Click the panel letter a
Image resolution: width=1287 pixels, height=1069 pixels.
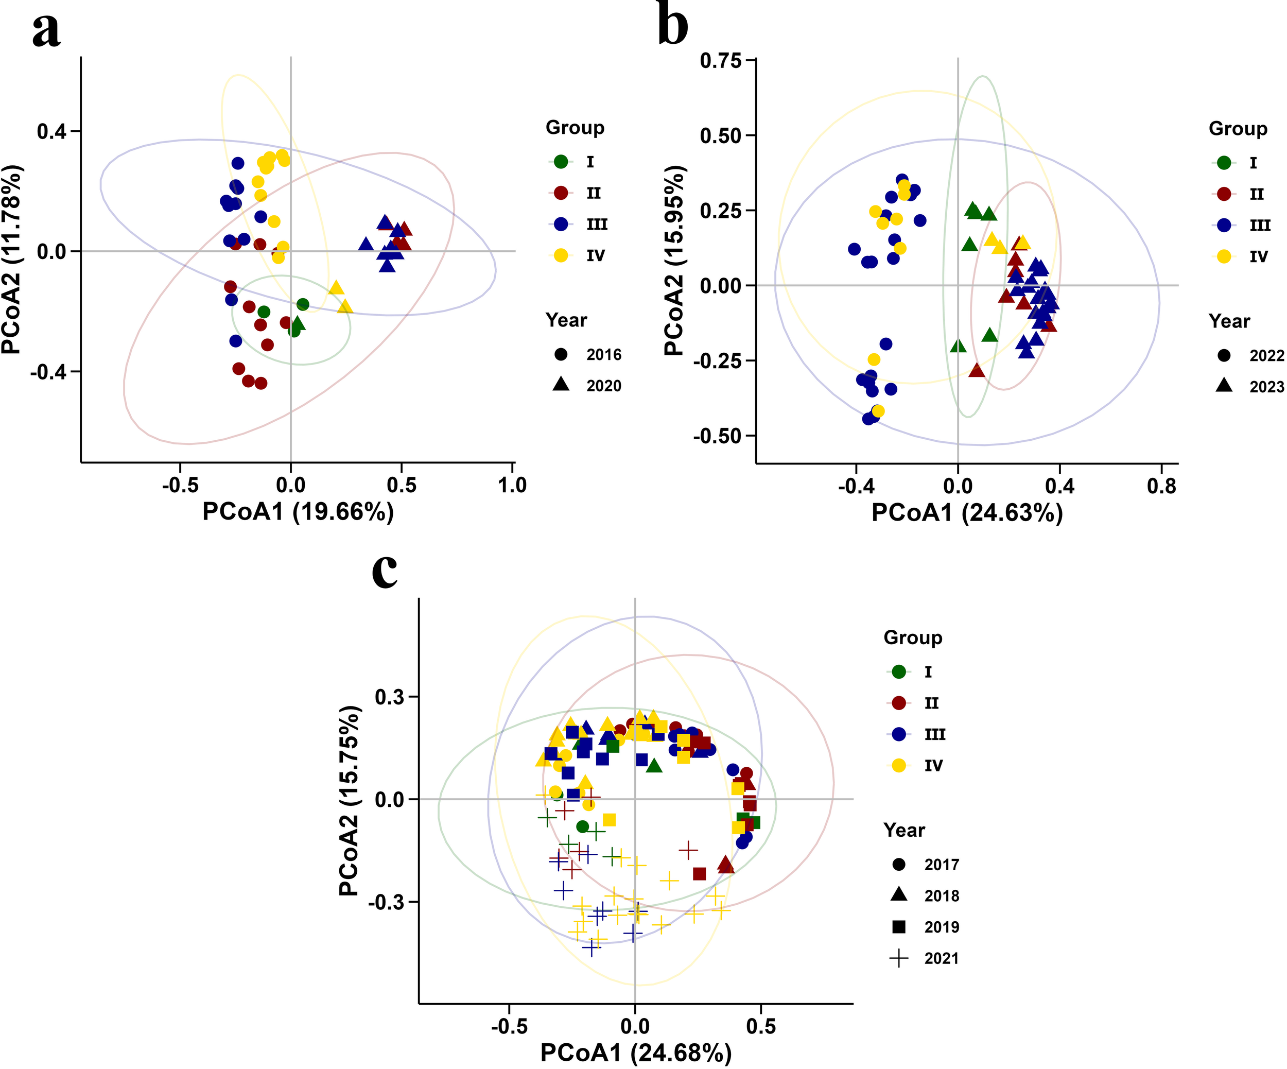tap(46, 31)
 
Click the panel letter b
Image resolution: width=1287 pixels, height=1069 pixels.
tap(672, 26)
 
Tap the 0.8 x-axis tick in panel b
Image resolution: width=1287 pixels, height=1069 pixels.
tap(1161, 487)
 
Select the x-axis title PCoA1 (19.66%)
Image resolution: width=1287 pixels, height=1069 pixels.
tap(298, 512)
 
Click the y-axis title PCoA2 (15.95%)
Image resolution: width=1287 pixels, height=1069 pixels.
tap(674, 261)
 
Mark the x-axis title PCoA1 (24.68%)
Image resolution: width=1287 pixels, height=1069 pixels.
tap(636, 1053)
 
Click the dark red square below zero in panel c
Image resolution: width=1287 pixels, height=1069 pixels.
tap(699, 873)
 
